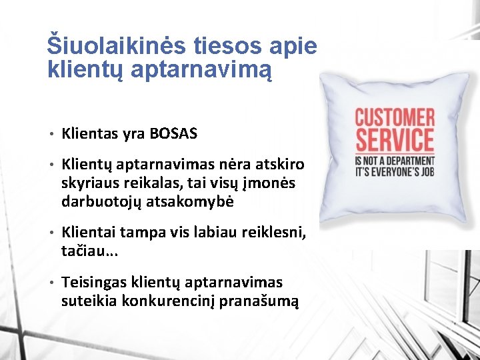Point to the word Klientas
(x=89, y=133)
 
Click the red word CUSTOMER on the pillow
(x=393, y=118)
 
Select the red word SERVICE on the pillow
(x=393, y=141)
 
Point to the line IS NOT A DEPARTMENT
(x=393, y=161)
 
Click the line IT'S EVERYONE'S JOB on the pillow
(x=393, y=171)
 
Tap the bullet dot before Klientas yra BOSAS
(x=51, y=134)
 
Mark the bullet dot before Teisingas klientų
(x=51, y=283)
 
